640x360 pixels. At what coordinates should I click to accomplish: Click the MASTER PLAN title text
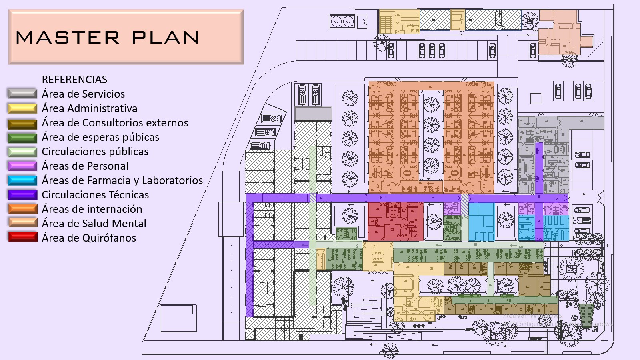click(x=108, y=38)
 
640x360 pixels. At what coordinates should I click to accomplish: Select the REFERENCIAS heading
click(x=74, y=80)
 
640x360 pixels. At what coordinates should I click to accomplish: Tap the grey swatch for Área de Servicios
click(x=22, y=94)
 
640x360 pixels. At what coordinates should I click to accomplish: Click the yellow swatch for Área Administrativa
click(x=22, y=108)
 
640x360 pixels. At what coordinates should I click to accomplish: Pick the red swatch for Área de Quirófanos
click(x=22, y=237)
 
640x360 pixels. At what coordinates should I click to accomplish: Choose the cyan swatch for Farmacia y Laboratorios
click(x=22, y=180)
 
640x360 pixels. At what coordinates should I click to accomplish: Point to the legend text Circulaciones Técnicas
click(x=95, y=194)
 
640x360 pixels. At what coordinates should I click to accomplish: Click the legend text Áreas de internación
click(x=92, y=209)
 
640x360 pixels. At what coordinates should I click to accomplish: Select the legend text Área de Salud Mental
click(x=94, y=224)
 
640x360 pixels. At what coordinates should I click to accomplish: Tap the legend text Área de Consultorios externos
click(x=115, y=122)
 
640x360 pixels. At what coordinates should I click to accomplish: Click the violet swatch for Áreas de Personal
click(x=22, y=166)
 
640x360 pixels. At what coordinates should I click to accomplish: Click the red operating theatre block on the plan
click(x=396, y=221)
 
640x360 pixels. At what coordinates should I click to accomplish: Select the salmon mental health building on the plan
click(x=560, y=32)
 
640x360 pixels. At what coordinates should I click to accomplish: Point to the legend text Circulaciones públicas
click(x=95, y=152)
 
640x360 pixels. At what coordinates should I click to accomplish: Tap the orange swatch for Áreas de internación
click(x=22, y=209)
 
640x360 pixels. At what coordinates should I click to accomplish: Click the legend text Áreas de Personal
click(x=85, y=166)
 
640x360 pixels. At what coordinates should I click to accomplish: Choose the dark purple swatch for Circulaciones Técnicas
click(x=22, y=195)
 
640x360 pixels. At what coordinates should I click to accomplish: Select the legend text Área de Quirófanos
click(x=88, y=238)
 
